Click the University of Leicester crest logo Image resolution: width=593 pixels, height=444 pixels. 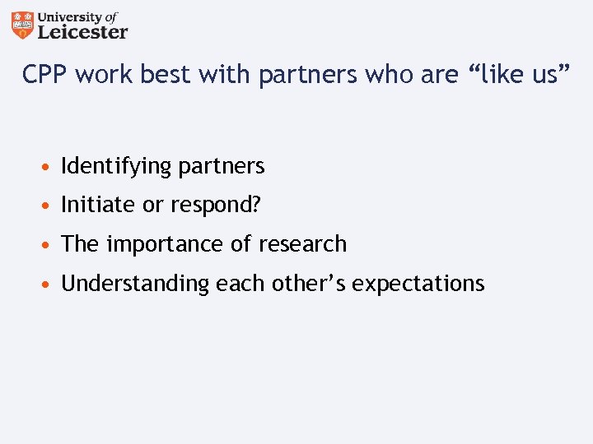(x=24, y=25)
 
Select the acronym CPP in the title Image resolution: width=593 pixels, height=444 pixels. (x=44, y=76)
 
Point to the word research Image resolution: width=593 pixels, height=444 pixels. (x=303, y=244)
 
